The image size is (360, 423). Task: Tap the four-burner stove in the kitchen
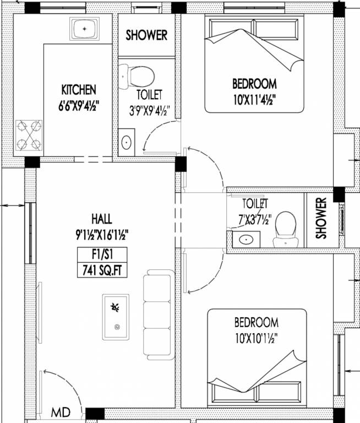[x=29, y=135]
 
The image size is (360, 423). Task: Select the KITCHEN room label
[x=79, y=90]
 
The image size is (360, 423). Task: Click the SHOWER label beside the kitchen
[x=146, y=35]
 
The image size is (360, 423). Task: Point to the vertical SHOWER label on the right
[x=321, y=218]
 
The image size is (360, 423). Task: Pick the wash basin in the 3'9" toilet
[x=126, y=143]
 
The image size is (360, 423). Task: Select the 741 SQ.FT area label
[x=102, y=270]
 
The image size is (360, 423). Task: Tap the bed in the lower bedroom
[x=257, y=358]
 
